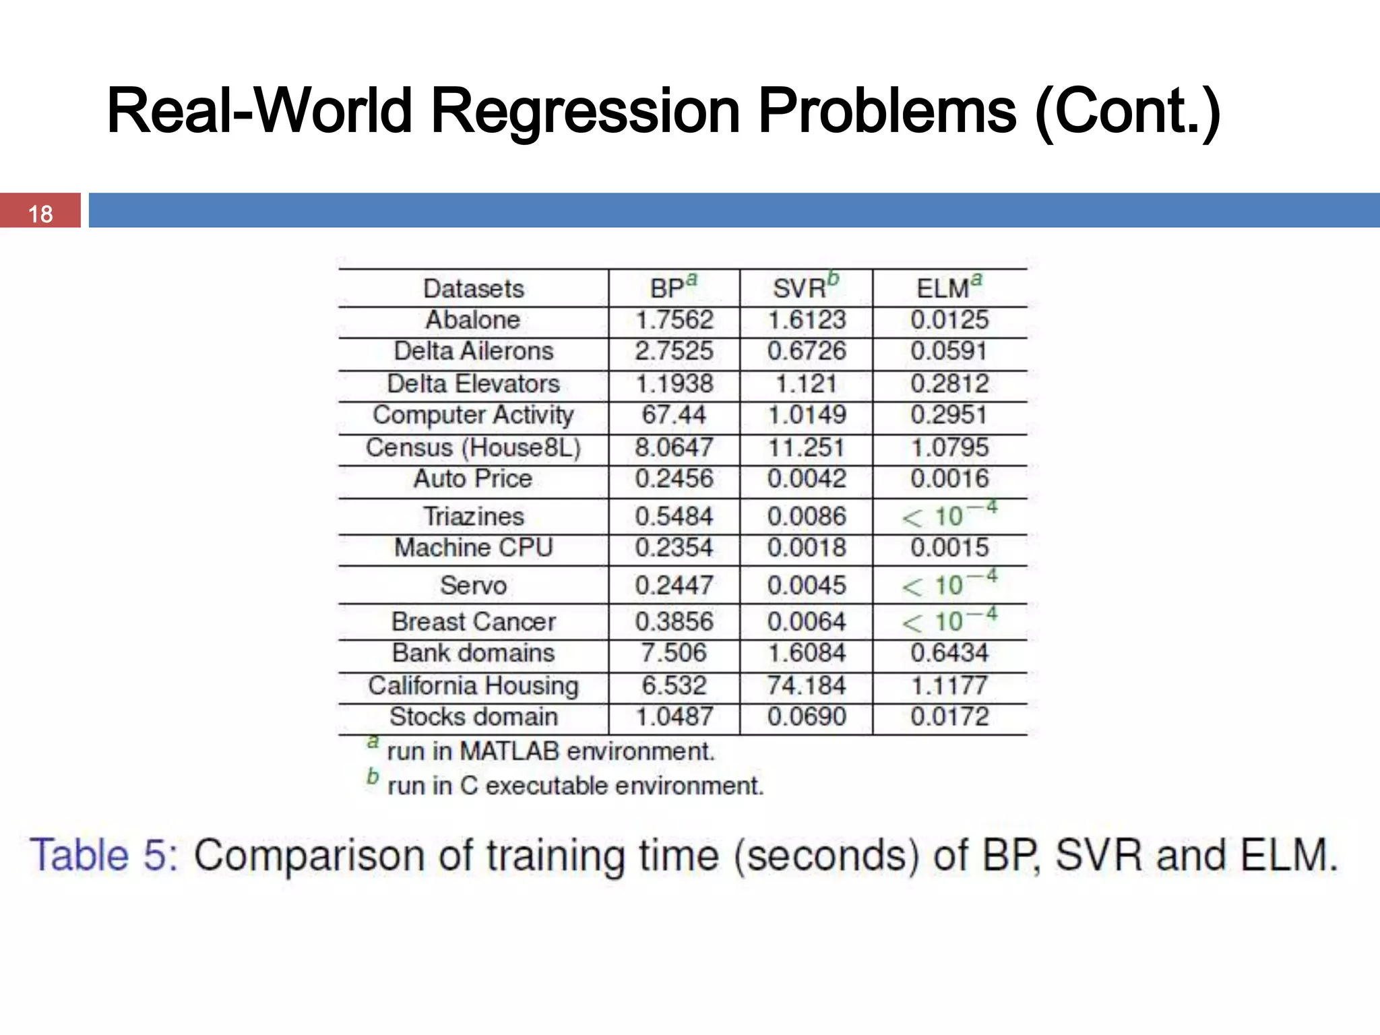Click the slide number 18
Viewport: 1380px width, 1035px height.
(40, 214)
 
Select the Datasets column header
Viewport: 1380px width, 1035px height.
(473, 288)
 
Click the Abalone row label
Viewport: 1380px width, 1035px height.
(473, 319)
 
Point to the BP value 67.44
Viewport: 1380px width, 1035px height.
(673, 414)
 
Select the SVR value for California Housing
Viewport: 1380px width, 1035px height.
(806, 685)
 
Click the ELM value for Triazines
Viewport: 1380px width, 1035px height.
(949, 516)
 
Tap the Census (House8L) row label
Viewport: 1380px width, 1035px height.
(473, 447)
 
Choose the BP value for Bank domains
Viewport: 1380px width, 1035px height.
(673, 652)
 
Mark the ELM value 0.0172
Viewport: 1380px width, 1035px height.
(949, 716)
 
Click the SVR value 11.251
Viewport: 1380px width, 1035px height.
(806, 447)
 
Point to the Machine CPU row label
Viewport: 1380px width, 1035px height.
(473, 547)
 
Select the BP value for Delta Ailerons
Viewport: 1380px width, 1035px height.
(673, 351)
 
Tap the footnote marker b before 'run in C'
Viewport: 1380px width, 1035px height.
(373, 777)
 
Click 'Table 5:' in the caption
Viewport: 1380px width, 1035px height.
(104, 855)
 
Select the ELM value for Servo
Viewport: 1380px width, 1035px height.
(949, 585)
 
